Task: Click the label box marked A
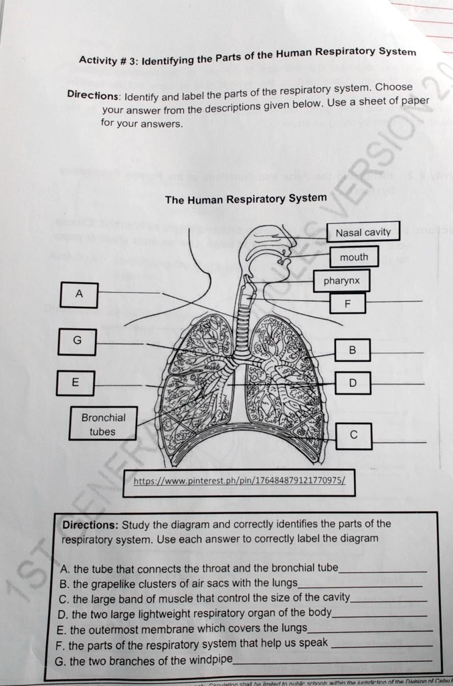79,295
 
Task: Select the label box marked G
77,341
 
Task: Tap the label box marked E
75,383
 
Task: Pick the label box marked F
346,303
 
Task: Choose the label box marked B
353,350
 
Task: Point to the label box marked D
353,384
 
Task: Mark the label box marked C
353,436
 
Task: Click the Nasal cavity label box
363,232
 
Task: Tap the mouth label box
353,257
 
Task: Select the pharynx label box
341,281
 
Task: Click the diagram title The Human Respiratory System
246,199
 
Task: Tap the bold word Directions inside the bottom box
90,525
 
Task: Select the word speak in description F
314,643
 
